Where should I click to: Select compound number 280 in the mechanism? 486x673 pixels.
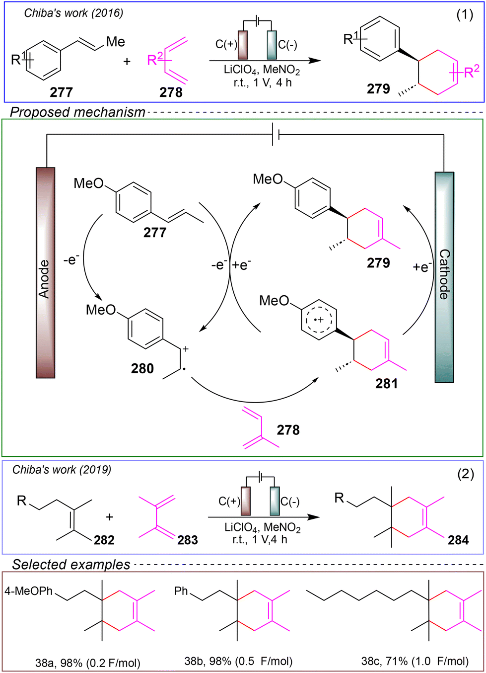tap(142, 368)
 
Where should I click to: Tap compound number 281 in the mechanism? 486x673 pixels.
tap(387, 383)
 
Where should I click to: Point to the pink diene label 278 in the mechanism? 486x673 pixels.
tap(288, 429)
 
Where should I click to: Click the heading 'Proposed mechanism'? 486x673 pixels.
tap(77, 112)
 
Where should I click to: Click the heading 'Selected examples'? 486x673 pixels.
tap(71, 565)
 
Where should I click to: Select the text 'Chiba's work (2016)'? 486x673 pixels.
tap(73, 13)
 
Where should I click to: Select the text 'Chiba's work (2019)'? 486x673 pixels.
tap(62, 469)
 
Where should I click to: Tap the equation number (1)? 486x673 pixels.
tap(465, 14)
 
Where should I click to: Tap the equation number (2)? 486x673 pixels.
tap(465, 474)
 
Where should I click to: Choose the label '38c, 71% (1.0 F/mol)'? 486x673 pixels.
tap(415, 661)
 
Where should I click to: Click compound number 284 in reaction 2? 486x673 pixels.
tap(458, 540)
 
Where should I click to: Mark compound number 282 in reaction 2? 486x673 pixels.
tap(104, 540)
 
